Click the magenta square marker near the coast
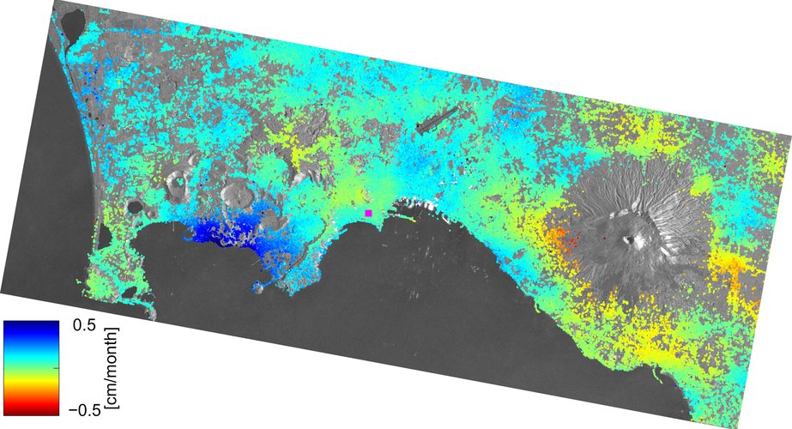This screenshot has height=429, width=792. [368, 212]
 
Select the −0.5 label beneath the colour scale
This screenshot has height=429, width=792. [79, 408]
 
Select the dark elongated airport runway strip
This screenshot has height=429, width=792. [440, 118]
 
